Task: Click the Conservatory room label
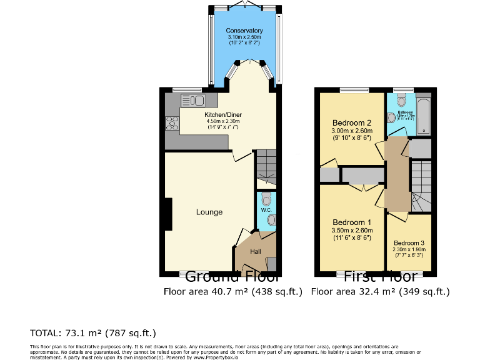(x=244, y=31)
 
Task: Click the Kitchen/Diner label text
(x=222, y=115)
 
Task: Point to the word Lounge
(x=209, y=212)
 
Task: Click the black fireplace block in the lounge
(x=167, y=214)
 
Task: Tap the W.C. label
(x=265, y=210)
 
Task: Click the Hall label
(x=256, y=251)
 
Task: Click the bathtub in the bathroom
(x=424, y=115)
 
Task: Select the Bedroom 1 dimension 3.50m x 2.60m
(x=352, y=231)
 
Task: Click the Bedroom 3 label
(x=409, y=242)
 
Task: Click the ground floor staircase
(x=266, y=166)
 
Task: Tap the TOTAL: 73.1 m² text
(x=92, y=332)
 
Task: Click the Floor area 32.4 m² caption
(x=380, y=291)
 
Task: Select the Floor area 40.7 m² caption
(x=233, y=291)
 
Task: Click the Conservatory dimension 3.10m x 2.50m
(x=244, y=37)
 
